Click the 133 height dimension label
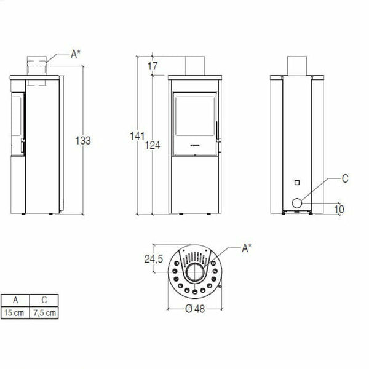pyautogui.click(x=83, y=141)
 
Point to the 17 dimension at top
pyautogui.click(x=152, y=65)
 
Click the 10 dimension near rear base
pyautogui.click(x=339, y=210)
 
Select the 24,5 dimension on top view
pyautogui.click(x=154, y=260)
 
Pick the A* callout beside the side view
pyautogui.click(x=75, y=54)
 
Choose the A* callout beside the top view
pyautogui.click(x=246, y=248)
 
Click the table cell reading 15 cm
pyautogui.click(x=15, y=312)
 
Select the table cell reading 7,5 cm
pyautogui.click(x=45, y=312)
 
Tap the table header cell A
pyautogui.click(x=15, y=301)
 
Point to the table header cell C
pyautogui.click(x=45, y=301)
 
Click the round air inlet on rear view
pyautogui.click(x=297, y=202)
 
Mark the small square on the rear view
pyautogui.click(x=296, y=182)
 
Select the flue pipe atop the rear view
pyautogui.click(x=297, y=65)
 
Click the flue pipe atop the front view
pyautogui.click(x=194, y=65)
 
